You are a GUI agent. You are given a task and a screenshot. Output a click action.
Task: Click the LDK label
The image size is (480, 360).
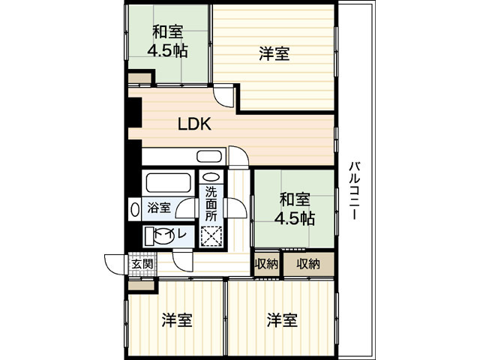[x=193, y=125]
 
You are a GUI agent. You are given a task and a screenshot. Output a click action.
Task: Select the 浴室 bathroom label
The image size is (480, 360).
[x=158, y=207]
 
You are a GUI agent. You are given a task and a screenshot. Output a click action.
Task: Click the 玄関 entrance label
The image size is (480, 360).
[x=142, y=264]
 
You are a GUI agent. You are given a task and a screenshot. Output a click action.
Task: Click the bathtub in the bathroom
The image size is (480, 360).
[x=166, y=184]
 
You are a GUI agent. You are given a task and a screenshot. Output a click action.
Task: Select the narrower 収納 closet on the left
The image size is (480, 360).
[x=266, y=263]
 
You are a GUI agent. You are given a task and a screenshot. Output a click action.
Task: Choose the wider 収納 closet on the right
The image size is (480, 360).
[x=307, y=263]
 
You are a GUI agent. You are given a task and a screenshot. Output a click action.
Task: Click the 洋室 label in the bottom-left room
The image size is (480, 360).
[x=177, y=321]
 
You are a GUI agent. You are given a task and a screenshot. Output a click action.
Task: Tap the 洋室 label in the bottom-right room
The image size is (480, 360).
[x=282, y=321]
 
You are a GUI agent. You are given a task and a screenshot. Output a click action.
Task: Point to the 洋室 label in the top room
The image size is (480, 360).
[x=274, y=53]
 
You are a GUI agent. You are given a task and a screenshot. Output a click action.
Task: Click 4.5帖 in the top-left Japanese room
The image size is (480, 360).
[x=168, y=51]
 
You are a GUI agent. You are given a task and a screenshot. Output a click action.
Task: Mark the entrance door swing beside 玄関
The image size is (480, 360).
[x=115, y=265]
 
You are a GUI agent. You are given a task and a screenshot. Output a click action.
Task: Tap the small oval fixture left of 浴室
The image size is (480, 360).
[x=134, y=208]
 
